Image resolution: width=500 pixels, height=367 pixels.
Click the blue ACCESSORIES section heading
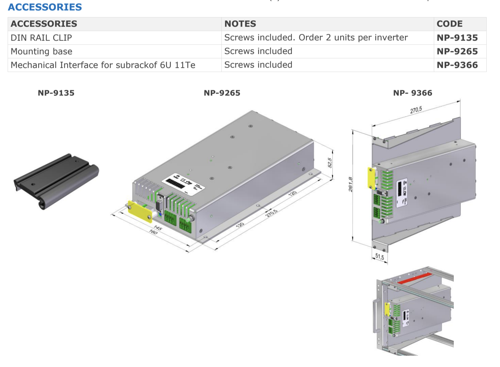45,7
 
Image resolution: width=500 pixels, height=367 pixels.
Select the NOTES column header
240,24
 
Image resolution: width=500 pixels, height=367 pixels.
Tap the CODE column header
449,24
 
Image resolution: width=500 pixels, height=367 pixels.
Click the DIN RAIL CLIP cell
41,38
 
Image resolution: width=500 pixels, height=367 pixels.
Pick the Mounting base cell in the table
42,52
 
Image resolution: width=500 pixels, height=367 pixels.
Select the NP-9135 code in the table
457,38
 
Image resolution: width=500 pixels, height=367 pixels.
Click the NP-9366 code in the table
457,65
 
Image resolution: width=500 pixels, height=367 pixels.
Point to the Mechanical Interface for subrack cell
103,65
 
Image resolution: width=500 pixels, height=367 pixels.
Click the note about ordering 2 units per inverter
316,38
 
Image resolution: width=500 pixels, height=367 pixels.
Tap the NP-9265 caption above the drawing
222,93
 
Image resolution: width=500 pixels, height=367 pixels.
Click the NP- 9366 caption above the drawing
413,93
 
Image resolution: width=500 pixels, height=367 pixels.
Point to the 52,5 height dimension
330,163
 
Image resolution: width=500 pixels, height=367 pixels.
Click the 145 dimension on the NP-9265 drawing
158,228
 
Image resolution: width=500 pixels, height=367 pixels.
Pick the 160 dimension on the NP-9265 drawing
153,232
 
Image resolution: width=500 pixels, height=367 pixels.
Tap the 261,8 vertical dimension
350,184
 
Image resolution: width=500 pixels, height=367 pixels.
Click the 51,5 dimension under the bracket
380,257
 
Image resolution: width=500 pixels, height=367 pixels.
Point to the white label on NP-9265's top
183,184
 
